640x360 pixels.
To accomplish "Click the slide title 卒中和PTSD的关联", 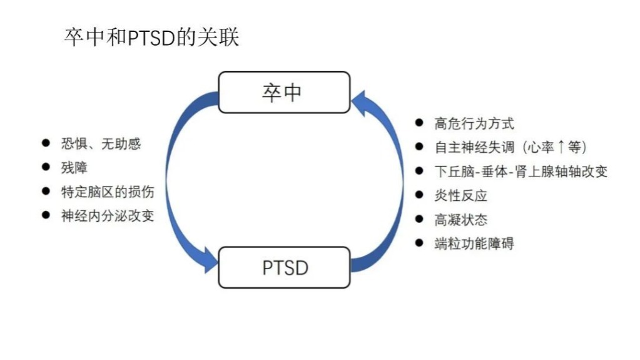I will pos(151,37).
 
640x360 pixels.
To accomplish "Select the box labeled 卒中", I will pos(283,92).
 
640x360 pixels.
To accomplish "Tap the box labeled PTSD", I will pos(284,267).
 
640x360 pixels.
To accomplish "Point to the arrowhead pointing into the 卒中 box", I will pos(360,100).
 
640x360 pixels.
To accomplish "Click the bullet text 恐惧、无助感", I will pos(101,144).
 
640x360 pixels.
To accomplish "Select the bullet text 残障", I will pos(74,168).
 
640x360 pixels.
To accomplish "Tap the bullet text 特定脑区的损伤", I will pos(107,192).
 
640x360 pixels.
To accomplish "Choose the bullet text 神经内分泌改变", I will pos(107,215).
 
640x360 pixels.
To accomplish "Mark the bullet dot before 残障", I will pos(46,167).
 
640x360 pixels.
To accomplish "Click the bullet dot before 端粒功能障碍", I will pos(419,243).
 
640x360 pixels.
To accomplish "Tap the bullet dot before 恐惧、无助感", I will pos(46,143).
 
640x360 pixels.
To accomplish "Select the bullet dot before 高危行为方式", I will pos(419,123).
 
